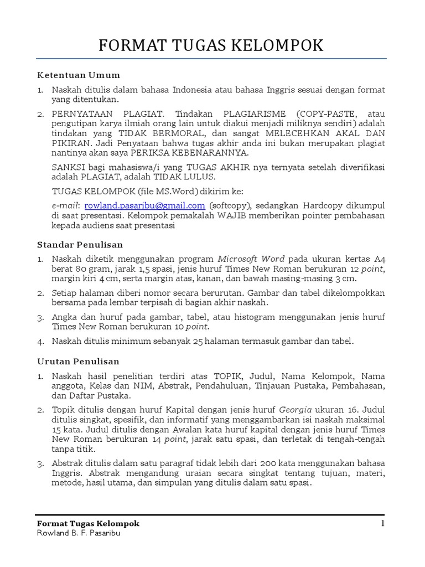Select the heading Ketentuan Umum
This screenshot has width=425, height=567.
click(78, 75)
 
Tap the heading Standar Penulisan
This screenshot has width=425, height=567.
click(80, 244)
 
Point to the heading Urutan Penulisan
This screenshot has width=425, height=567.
click(78, 361)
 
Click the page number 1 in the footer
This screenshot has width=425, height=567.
click(382, 523)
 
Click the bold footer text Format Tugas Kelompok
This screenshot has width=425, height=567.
click(88, 523)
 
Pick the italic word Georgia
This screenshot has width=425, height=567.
click(295, 410)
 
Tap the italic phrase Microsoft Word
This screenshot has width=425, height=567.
click(251, 259)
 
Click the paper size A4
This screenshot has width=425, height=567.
click(380, 259)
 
